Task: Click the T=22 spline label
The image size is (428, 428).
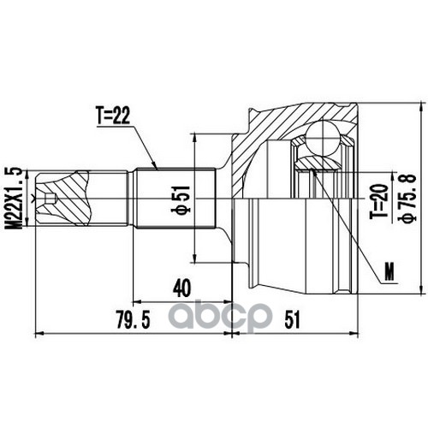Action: point(113,116)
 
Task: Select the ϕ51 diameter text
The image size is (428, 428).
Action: point(181,199)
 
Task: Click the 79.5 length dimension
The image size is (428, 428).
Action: point(134,319)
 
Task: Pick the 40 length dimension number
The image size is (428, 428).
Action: point(181,288)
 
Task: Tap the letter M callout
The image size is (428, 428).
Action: point(389,271)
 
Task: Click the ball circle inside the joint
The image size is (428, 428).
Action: point(322,138)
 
